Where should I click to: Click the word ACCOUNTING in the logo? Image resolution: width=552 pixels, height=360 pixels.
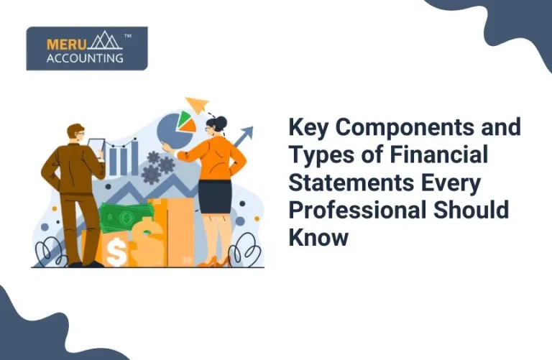[84, 58]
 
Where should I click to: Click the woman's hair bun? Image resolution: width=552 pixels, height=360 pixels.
[222, 119]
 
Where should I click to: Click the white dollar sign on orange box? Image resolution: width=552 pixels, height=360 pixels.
[115, 251]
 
